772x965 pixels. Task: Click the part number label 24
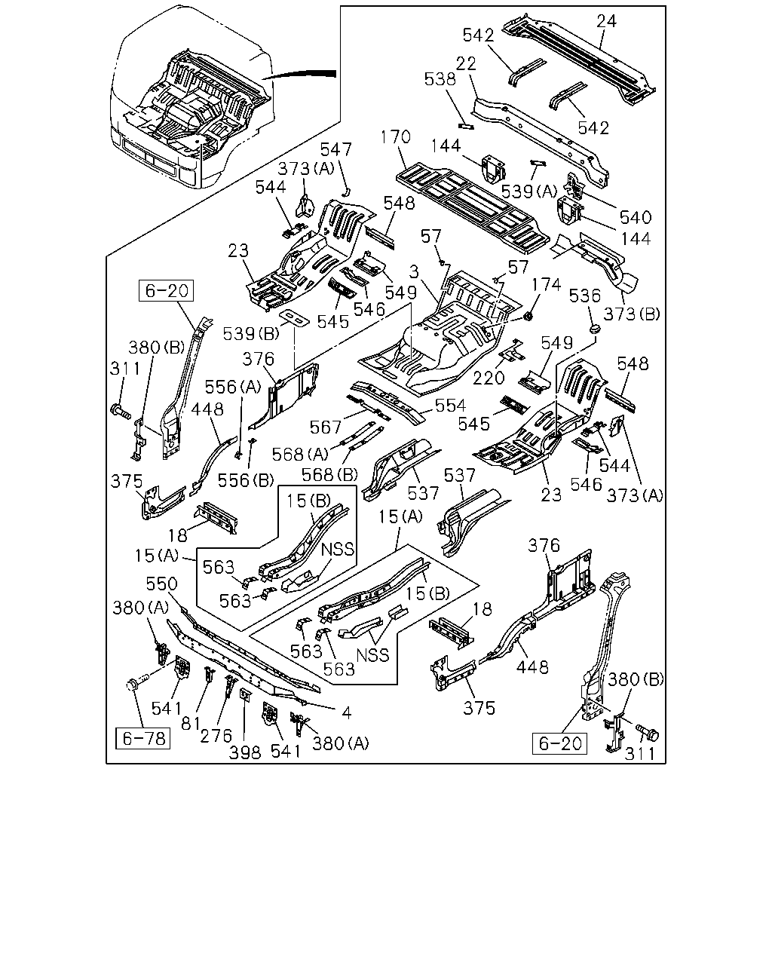[x=606, y=21]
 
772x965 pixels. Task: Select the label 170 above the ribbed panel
[x=396, y=136]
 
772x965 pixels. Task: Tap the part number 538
[x=440, y=79]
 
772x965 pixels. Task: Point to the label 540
[x=636, y=217]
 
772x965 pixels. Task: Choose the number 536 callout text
[x=584, y=296]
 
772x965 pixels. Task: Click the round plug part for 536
[x=596, y=329]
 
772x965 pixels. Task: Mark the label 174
[x=546, y=285]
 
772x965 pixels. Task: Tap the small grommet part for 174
[x=528, y=317]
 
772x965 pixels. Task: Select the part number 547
[x=335, y=149]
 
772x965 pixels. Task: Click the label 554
[x=450, y=406]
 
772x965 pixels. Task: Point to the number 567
[x=326, y=427]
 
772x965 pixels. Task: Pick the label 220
[x=489, y=378]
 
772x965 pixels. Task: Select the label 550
[x=161, y=584]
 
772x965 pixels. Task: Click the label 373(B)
[x=632, y=314]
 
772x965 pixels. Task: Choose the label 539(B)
[x=251, y=333]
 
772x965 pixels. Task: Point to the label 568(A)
[x=300, y=455]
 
